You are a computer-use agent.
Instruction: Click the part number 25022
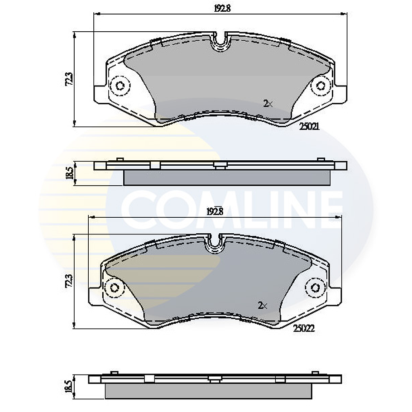303,330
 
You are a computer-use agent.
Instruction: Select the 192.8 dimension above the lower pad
215,211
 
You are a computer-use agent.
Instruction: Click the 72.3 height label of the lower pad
68,281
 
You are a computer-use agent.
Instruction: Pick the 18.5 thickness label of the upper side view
69,173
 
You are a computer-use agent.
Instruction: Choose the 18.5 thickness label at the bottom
68,387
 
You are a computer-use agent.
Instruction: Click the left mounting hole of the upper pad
120,85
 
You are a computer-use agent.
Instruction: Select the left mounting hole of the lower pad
114,287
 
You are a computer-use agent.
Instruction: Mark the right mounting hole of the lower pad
315,287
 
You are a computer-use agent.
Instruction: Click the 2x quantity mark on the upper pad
268,104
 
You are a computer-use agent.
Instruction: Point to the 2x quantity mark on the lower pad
262,306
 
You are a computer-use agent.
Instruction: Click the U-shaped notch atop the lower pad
215,244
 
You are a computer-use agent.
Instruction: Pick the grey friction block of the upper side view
226,178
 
